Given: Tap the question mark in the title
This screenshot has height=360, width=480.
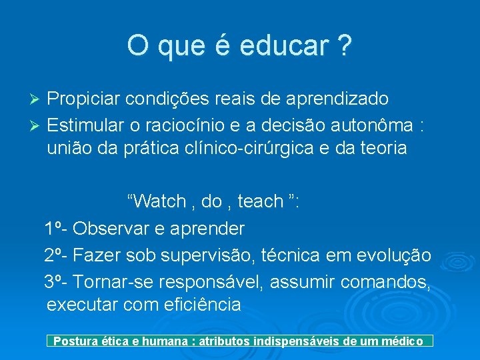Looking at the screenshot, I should coord(344,46).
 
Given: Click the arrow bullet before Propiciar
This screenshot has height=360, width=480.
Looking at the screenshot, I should coord(37,100).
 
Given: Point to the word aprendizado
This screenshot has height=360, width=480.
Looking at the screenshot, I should coord(339,99).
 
